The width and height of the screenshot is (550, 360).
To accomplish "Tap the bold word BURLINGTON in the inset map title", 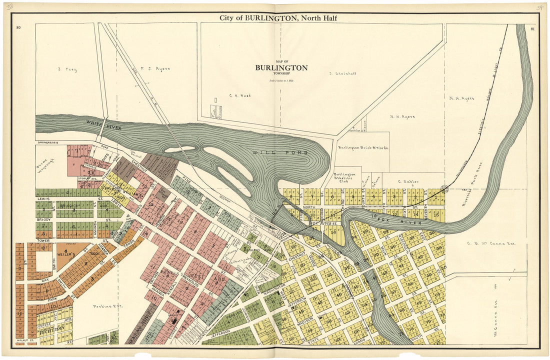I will pyautogui.click(x=281, y=67).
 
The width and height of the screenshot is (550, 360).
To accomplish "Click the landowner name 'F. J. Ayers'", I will pyautogui.click(x=155, y=68).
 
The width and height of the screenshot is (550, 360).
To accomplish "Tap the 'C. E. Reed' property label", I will pyautogui.click(x=240, y=95).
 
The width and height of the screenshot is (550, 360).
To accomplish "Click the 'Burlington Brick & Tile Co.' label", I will pyautogui.click(x=363, y=148).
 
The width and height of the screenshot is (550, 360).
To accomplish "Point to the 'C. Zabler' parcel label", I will pyautogui.click(x=406, y=181).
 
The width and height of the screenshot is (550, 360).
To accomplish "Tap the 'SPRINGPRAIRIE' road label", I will pyautogui.click(x=47, y=143).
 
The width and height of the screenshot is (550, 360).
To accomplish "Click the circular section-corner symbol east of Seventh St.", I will pyautogui.click(x=443, y=188).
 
